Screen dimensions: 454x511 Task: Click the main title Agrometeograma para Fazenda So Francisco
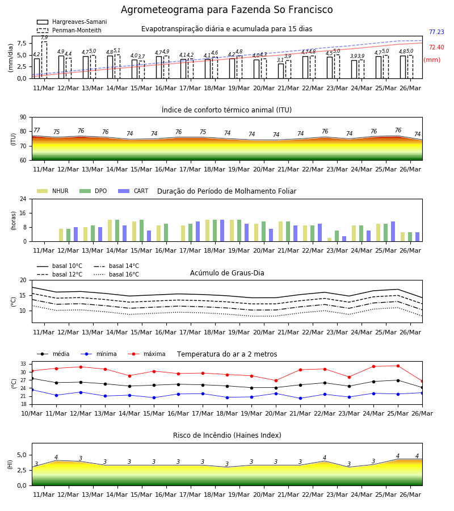[226, 10]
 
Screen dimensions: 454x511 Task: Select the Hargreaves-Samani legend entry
[72, 22]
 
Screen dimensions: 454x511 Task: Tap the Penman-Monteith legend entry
[69, 30]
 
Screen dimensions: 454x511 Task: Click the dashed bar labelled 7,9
[44, 60]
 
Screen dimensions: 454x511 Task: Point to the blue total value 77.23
[436, 32]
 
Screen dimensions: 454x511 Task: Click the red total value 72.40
[436, 47]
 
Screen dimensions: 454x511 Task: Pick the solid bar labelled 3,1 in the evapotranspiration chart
[281, 71]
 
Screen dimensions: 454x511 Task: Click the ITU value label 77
[37, 131]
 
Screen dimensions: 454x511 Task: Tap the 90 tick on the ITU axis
[23, 118]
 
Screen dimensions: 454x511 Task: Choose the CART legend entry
[133, 191]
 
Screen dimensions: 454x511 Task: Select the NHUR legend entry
[53, 191]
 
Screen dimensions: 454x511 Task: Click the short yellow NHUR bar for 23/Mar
[330, 240]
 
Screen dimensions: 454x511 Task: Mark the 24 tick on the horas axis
[23, 199]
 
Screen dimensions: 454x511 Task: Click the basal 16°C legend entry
[116, 274]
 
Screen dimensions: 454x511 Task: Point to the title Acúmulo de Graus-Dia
[227, 273]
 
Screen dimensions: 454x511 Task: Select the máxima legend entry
[146, 354]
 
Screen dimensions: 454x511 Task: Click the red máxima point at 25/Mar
[398, 366]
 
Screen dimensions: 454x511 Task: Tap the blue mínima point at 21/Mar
[300, 398]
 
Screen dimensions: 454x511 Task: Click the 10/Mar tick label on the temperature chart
[32, 413]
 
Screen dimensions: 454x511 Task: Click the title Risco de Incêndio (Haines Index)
[227, 435]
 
